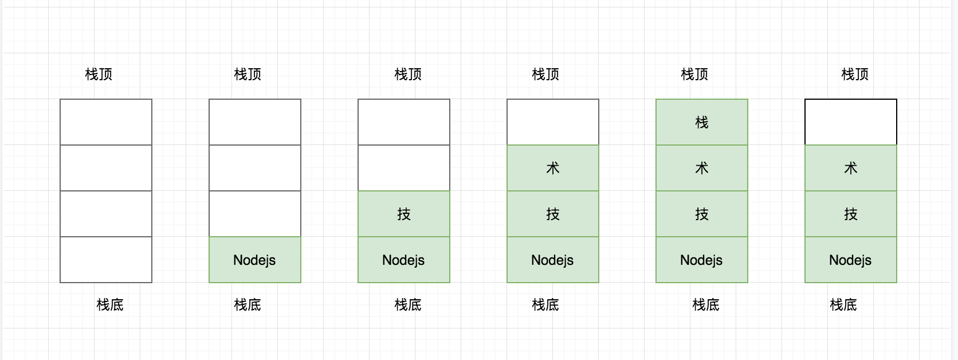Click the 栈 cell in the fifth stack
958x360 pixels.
click(702, 122)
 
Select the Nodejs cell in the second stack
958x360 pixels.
click(255, 260)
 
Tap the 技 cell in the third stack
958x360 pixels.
click(404, 214)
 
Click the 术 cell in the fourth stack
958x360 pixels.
click(553, 168)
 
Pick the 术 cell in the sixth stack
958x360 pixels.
click(851, 168)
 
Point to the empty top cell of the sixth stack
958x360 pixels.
click(851, 122)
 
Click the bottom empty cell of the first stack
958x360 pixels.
click(106, 260)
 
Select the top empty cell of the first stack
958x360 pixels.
click(106, 122)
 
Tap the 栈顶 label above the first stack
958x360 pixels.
click(99, 75)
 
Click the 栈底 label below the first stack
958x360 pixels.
click(110, 304)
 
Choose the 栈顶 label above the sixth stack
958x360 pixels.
click(855, 75)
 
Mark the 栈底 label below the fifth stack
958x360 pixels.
click(706, 304)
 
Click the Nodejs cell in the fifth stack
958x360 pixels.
click(702, 260)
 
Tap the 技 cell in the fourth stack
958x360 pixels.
click(553, 214)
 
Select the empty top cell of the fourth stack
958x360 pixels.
click(553, 122)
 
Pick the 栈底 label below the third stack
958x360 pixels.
click(408, 304)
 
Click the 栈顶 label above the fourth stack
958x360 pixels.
click(545, 75)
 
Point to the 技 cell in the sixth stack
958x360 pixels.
click(851, 214)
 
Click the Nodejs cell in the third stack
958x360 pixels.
click(404, 260)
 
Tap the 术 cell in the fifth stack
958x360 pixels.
click(702, 168)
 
